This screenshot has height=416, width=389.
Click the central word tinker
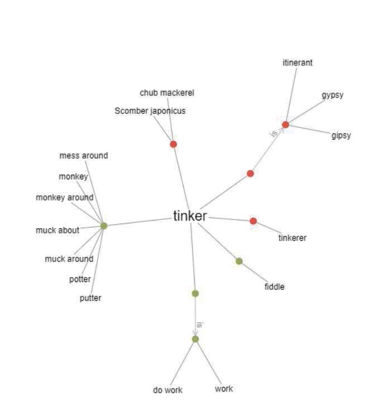click(190, 216)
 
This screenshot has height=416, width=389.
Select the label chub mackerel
click(167, 93)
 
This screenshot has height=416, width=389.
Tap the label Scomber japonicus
click(150, 111)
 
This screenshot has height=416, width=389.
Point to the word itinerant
click(297, 63)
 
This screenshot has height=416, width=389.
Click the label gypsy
click(333, 95)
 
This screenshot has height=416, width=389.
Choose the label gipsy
click(341, 136)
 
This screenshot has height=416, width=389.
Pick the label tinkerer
click(292, 238)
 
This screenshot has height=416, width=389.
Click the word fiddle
click(274, 287)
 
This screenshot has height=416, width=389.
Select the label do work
click(167, 390)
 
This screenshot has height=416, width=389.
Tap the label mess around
click(84, 156)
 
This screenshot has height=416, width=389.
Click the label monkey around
click(65, 198)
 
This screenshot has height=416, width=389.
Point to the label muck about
click(57, 230)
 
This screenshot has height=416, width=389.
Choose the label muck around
click(69, 259)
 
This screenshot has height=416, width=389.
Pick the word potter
click(80, 279)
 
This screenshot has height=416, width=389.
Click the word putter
click(90, 298)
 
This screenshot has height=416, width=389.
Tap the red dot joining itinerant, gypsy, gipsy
click(286, 125)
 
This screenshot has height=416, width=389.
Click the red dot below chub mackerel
click(174, 144)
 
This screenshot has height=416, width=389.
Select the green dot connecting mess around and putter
click(104, 226)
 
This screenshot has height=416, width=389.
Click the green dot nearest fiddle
click(239, 261)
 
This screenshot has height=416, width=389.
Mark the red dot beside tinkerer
click(253, 221)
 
